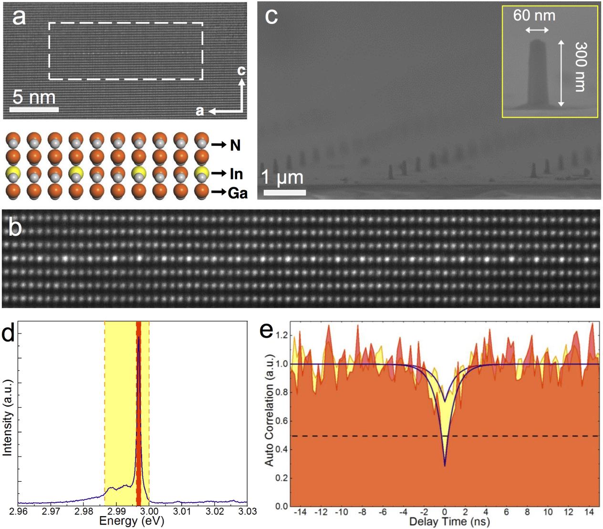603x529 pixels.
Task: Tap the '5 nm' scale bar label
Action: pos(34,97)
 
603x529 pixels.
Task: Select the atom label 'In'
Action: pos(236,174)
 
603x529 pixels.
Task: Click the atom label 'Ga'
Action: pos(238,193)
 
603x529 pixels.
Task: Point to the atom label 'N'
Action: pos(235,145)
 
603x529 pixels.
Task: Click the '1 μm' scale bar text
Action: pos(282,178)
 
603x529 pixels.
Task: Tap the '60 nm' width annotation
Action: pos(534,15)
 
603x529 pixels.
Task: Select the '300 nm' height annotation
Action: pos(580,66)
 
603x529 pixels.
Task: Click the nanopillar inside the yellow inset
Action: pos(537,72)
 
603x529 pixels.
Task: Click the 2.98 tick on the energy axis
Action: pos(83,511)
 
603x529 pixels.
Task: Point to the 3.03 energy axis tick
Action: pos(247,511)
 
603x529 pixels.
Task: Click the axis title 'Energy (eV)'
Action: pos(132,521)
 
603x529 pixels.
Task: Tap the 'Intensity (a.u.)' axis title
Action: pos(7,417)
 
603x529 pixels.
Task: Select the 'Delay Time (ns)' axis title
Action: pos(449,521)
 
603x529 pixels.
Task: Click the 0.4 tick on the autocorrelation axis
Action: pos(282,449)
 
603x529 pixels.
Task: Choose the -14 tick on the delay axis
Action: pos(300,512)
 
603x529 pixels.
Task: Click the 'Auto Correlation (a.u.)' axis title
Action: pos(270,410)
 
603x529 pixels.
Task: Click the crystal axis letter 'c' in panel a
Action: pos(242,71)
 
